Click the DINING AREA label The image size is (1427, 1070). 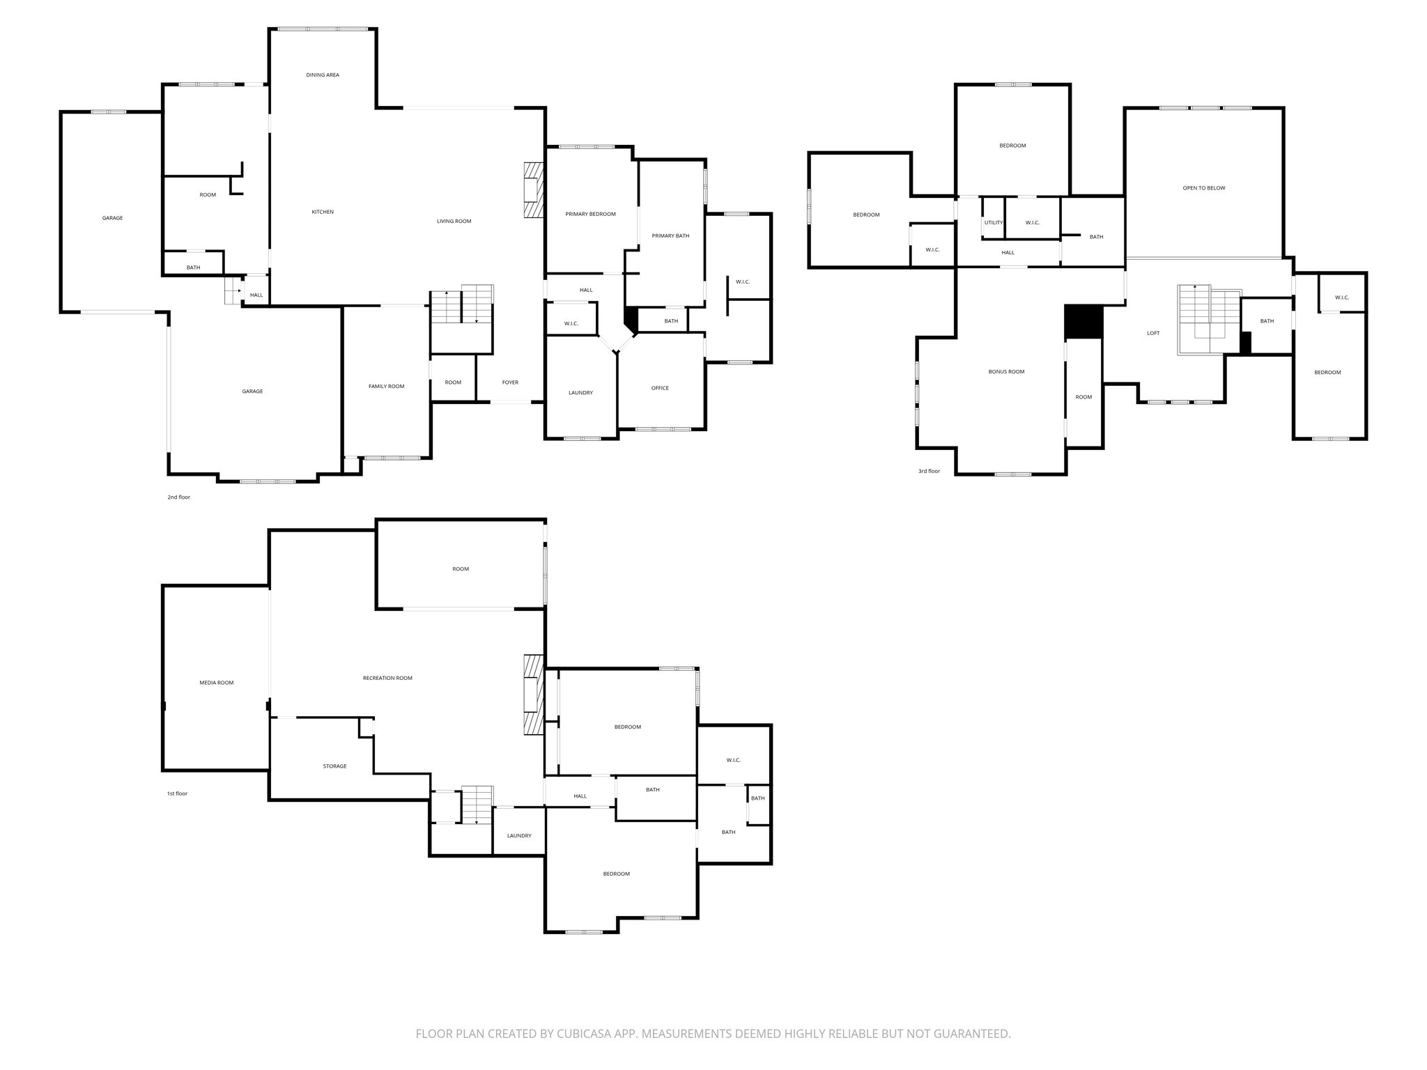click(323, 75)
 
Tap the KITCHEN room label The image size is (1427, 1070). click(323, 212)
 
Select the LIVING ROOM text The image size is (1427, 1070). click(454, 222)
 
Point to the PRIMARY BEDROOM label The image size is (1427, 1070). click(590, 214)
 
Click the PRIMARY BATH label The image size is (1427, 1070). click(670, 235)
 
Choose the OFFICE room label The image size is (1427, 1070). click(660, 388)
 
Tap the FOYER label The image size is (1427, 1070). click(510, 382)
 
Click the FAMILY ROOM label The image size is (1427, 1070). click(386, 386)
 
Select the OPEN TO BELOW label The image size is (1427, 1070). click(1203, 188)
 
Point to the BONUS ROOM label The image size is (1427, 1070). click(1006, 372)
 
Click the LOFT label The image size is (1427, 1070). click(1153, 333)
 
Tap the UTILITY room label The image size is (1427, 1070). click(994, 223)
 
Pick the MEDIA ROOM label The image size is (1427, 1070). click(216, 683)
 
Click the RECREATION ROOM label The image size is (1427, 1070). click(387, 678)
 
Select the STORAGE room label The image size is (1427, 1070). click(334, 766)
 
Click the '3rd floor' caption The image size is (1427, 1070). click(929, 471)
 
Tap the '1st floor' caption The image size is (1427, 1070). click(176, 793)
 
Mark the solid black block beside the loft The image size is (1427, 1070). click(1083, 322)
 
